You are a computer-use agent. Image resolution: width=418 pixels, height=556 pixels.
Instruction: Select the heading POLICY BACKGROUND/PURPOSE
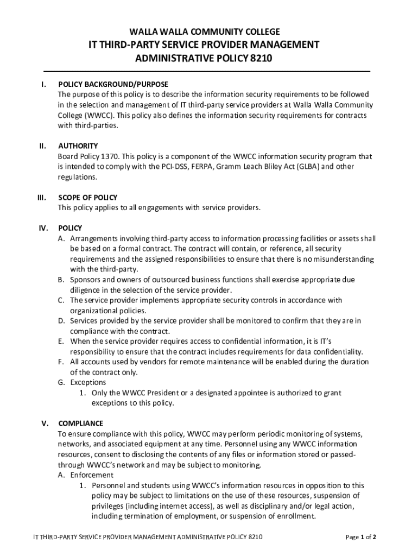tap(113, 84)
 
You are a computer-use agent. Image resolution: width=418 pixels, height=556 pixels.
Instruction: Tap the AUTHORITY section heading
tap(78, 146)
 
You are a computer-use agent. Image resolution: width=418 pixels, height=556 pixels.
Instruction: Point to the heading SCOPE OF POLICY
tap(87, 198)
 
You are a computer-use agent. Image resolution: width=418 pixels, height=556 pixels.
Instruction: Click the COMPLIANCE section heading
tap(80, 424)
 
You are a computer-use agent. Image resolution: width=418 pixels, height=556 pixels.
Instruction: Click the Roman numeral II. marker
tap(42, 146)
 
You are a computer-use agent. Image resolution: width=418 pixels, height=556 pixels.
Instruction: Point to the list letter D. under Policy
tap(62, 321)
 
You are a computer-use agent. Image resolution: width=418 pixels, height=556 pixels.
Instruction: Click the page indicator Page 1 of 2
tap(361, 538)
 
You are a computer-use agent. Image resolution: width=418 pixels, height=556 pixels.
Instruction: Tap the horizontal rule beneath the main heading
tap(206, 72)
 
